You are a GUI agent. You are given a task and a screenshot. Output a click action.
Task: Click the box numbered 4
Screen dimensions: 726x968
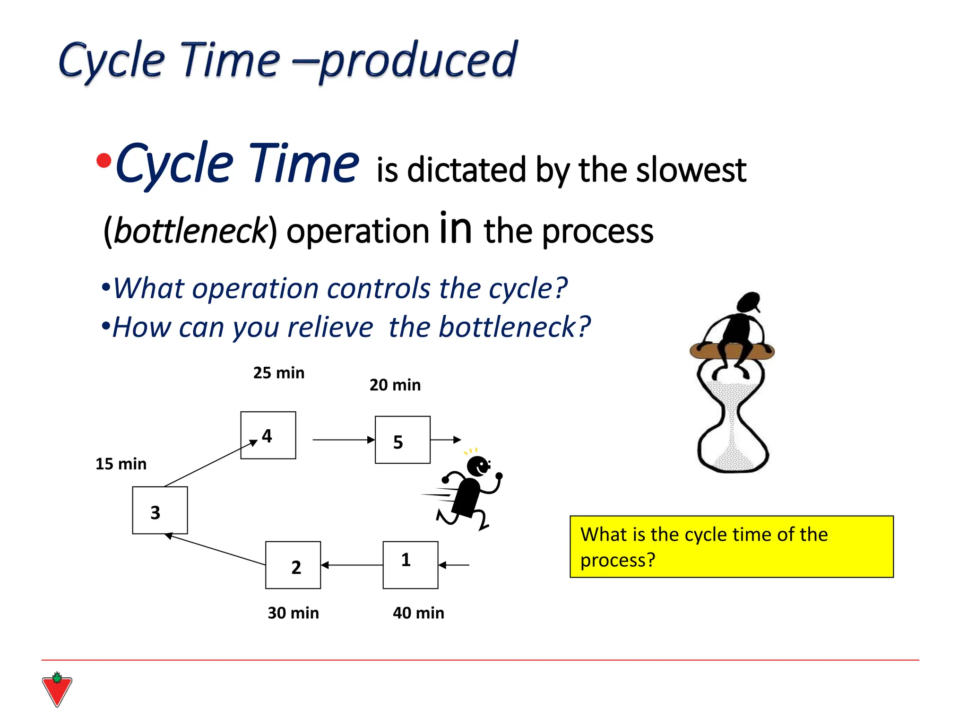coord(268,435)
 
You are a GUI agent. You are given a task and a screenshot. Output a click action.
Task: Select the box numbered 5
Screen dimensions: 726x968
coord(402,440)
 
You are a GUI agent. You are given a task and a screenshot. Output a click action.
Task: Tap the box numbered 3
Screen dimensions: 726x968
coord(160,510)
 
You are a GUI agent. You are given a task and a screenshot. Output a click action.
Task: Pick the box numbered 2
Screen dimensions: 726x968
coord(293,565)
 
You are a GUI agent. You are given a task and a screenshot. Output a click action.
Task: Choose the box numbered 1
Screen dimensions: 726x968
coord(410,565)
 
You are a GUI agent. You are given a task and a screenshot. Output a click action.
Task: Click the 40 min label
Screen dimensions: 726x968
coord(418,613)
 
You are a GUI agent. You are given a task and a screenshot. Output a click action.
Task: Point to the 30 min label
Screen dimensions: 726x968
coord(293,613)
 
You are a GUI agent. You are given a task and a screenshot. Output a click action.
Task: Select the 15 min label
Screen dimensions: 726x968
coord(121,464)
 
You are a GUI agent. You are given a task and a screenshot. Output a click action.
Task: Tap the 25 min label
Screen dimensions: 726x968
coord(279,372)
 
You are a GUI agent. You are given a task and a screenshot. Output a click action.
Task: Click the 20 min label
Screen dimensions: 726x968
coord(395,385)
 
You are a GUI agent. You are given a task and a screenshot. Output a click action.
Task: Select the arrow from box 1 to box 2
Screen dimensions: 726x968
coord(352,565)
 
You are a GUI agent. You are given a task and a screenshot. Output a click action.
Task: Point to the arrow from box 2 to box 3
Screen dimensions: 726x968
coord(215,550)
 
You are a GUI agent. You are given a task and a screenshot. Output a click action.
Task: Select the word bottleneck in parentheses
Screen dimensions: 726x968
coord(190,231)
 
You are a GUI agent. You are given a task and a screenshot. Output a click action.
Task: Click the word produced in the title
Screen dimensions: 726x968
coord(419,60)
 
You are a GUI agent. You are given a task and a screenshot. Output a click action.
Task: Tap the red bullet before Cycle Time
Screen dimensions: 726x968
coord(104,161)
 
